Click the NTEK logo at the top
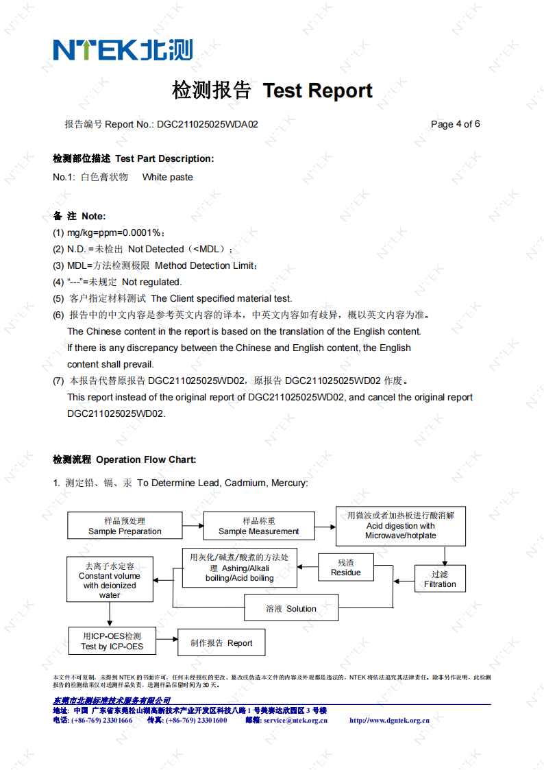point(123,49)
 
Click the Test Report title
point(272,91)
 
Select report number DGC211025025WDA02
point(207,124)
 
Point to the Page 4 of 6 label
point(455,124)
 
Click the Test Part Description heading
point(134,158)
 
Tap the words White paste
point(167,177)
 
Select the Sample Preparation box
point(125,526)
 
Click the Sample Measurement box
point(258,526)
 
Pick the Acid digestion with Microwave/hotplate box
point(400,525)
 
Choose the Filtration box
point(440,579)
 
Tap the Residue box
point(345,568)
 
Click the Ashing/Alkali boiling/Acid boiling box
point(239,568)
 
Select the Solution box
point(291,608)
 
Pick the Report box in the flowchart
point(221,642)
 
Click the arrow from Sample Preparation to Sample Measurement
point(193,525)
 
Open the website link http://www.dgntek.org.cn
point(389,721)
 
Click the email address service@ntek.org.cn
point(295,721)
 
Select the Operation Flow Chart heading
point(125,459)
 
